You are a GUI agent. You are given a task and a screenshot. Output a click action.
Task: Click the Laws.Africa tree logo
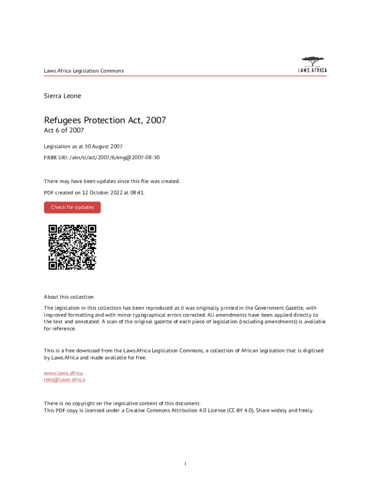(313, 65)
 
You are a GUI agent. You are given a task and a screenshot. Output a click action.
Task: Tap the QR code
(72, 247)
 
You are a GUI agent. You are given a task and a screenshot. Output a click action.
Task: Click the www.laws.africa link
(63, 373)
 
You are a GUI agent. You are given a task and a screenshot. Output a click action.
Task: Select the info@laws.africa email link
(65, 380)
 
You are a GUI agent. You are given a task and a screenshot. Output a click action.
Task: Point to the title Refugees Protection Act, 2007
(105, 120)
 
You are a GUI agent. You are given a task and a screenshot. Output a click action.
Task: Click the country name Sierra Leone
(63, 96)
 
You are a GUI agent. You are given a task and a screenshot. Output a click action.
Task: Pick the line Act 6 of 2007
(64, 131)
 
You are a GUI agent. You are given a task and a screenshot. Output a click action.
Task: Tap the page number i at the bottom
(185, 464)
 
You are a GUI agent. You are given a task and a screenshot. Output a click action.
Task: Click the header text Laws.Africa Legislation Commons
(84, 71)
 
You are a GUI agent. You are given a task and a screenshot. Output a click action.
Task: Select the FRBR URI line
(102, 157)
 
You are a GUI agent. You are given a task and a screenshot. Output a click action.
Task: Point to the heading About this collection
(69, 297)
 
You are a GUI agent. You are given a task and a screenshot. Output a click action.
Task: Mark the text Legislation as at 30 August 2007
(83, 146)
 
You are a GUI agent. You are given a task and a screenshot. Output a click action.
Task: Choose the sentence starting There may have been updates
(112, 181)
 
